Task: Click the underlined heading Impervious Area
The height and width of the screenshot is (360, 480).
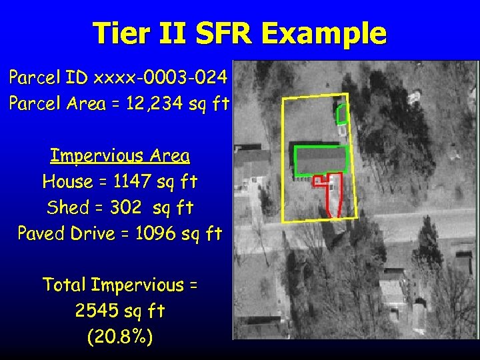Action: click(120, 156)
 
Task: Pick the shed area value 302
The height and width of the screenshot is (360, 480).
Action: click(125, 207)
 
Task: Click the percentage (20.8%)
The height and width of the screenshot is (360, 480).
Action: click(120, 337)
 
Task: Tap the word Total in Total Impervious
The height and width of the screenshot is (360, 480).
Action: click(65, 285)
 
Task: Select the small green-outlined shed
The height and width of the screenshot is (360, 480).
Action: click(342, 115)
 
